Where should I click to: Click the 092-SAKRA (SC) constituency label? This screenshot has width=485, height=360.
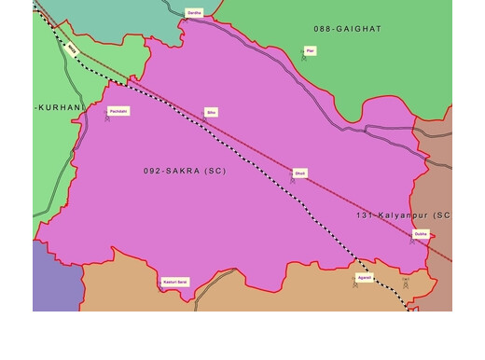click(x=185, y=172)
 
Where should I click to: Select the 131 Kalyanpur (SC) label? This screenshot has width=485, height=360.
click(x=403, y=215)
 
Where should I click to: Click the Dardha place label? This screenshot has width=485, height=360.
click(x=194, y=13)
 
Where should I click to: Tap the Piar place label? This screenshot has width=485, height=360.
click(x=310, y=50)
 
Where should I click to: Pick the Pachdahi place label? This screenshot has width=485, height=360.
click(x=118, y=111)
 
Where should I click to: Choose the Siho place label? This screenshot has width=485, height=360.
click(x=212, y=112)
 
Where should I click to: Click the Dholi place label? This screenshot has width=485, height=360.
click(x=299, y=173)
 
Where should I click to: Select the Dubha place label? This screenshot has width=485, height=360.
click(x=421, y=234)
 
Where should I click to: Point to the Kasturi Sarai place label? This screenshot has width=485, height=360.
click(x=175, y=281)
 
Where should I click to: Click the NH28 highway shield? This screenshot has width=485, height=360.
click(x=73, y=48)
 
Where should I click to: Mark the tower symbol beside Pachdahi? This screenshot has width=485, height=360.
click(x=107, y=118)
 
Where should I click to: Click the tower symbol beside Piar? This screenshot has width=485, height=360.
click(x=303, y=58)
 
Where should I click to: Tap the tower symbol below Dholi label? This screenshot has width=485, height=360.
click(x=292, y=180)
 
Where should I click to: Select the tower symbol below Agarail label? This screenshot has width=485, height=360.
click(x=354, y=284)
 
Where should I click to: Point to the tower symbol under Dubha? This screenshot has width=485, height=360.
click(x=412, y=242)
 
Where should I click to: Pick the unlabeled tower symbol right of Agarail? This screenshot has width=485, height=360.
click(x=405, y=283)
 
